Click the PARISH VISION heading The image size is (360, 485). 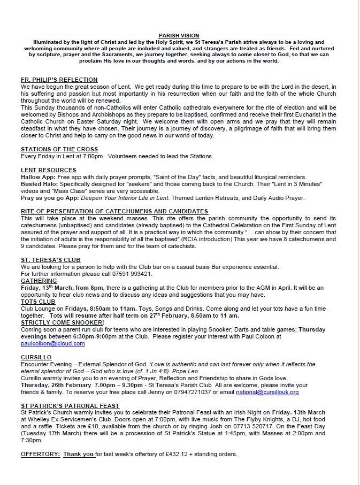pyautogui.click(x=179, y=35)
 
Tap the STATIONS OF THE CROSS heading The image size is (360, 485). pyautogui.click(x=59, y=149)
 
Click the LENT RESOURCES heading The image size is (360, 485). pyautogui.click(x=49, y=170)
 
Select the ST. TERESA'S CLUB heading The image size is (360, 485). pyautogui.click(x=50, y=260)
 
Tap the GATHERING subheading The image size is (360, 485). pyautogui.click(x=39, y=281)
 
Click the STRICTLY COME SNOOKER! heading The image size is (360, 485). pyautogui.click(x=62, y=322)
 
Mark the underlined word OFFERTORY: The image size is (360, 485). pyautogui.click(x=40, y=455)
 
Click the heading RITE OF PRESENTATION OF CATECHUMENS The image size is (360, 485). pyautogui.click(x=114, y=211)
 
